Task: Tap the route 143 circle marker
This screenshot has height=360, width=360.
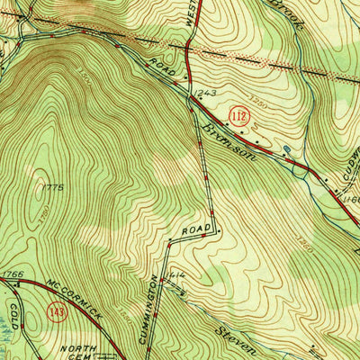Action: pos(56,312)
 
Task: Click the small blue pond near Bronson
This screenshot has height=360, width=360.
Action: pos(286,149)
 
